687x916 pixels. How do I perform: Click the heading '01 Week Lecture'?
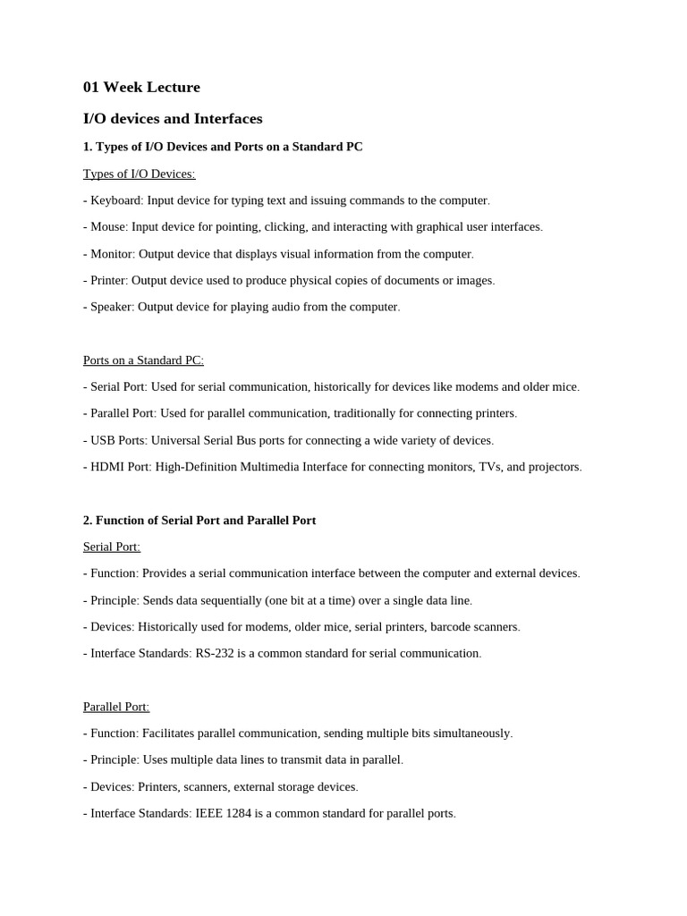(x=141, y=88)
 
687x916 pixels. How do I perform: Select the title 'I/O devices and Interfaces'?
(x=173, y=119)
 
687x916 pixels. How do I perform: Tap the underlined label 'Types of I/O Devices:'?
(x=139, y=174)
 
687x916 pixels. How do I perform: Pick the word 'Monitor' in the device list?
(x=111, y=254)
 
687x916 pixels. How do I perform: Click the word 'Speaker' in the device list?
(x=112, y=307)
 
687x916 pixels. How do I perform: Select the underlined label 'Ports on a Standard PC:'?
(x=143, y=360)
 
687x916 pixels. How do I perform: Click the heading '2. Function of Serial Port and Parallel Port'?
(x=199, y=521)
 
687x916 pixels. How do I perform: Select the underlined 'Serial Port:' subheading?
(x=112, y=547)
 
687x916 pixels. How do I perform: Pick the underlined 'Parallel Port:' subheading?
(x=116, y=707)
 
